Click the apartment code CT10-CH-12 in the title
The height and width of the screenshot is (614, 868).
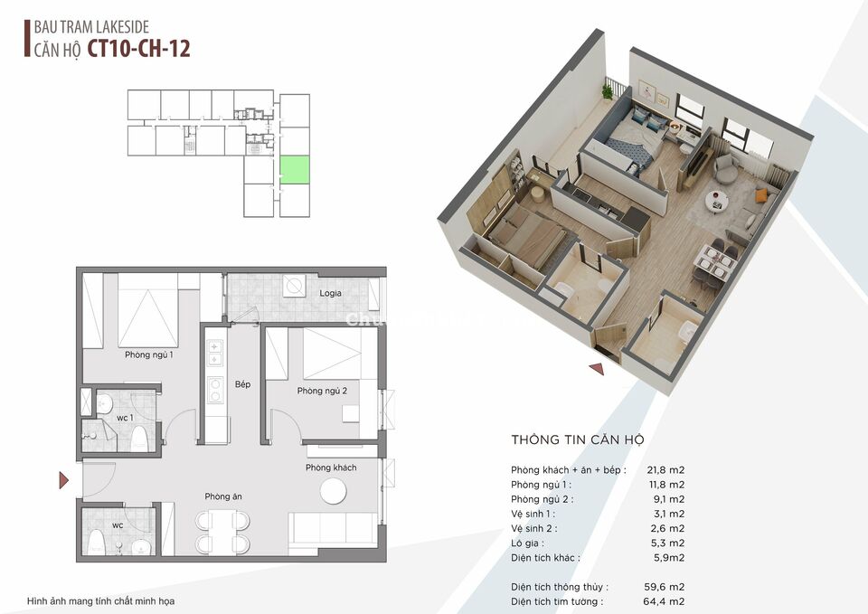[139, 48]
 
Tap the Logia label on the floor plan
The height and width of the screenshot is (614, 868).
[330, 293]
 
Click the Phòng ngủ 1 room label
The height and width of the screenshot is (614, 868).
[149, 354]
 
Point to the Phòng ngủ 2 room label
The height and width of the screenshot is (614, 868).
[322, 391]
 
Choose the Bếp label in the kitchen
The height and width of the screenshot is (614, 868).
[242, 384]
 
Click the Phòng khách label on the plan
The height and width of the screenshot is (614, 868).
[331, 468]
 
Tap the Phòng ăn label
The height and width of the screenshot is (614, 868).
[223, 496]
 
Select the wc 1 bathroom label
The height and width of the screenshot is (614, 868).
[125, 417]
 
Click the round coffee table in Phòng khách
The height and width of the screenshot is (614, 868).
[334, 491]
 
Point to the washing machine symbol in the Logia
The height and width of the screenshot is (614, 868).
[295, 286]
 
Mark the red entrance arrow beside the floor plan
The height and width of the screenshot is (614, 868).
[63, 480]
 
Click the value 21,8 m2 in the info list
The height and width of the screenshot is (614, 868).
[665, 469]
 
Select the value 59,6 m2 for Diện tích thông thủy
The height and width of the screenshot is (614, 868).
[665, 587]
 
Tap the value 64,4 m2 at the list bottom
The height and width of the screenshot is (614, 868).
[665, 601]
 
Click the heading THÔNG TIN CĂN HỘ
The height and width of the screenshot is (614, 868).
[577, 440]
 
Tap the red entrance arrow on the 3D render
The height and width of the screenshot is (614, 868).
[596, 368]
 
